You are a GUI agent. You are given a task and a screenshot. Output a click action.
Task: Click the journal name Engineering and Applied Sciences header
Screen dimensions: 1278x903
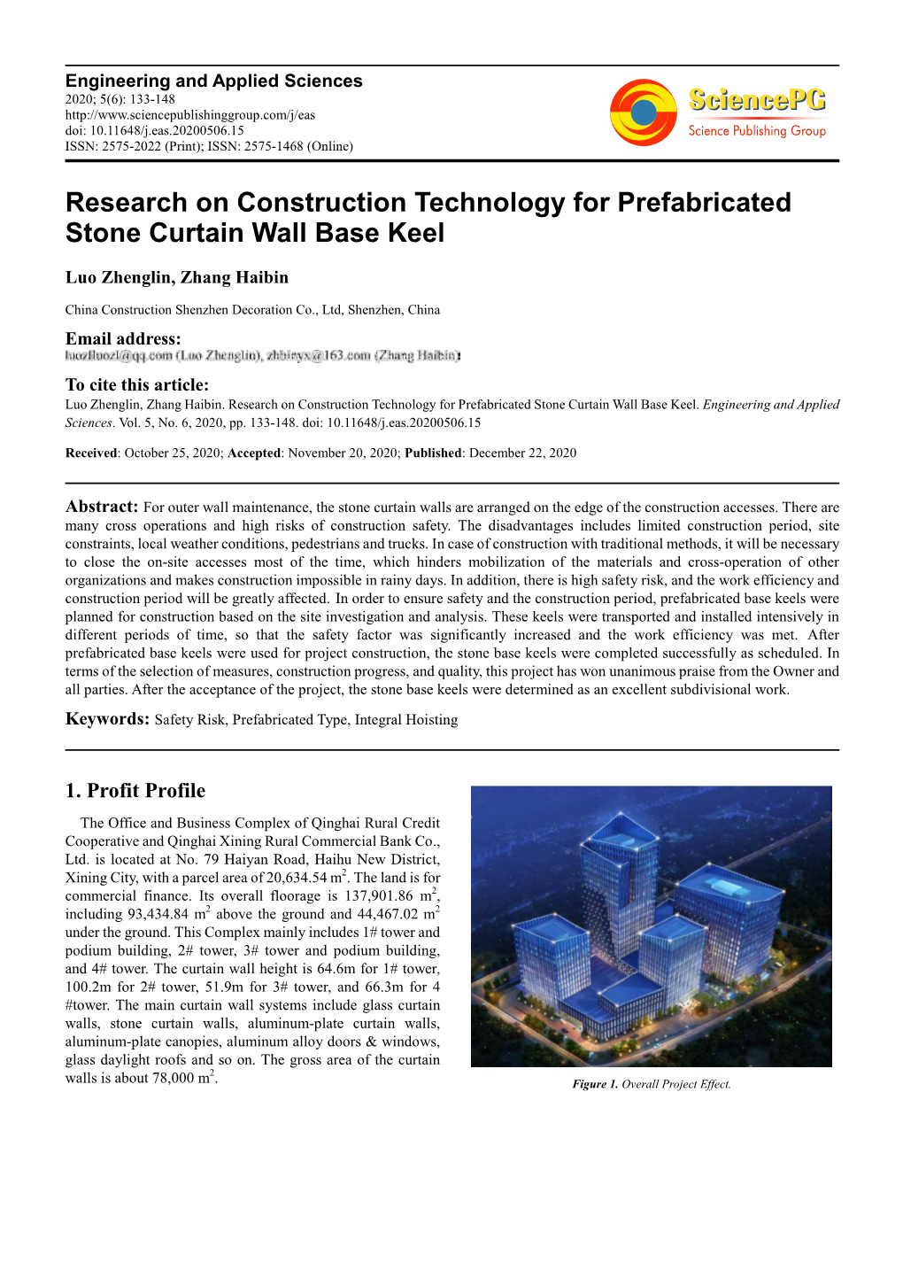click(x=213, y=81)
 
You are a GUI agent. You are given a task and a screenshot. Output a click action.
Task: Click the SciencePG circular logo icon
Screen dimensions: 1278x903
click(x=644, y=112)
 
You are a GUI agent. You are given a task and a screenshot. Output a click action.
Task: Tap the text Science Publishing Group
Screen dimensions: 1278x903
click(x=756, y=131)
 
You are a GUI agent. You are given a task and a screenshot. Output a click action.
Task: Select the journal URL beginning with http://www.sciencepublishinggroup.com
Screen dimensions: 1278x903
click(x=189, y=115)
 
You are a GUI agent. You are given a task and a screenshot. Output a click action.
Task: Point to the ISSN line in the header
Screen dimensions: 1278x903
click(x=209, y=146)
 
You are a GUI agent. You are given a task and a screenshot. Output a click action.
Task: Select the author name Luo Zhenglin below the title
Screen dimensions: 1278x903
click(x=119, y=277)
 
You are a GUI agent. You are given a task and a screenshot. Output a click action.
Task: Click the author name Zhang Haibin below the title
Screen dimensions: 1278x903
click(x=234, y=277)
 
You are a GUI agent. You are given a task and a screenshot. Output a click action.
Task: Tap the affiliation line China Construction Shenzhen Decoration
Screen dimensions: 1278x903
click(x=252, y=310)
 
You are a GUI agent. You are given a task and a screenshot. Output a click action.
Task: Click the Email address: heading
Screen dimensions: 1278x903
click(x=123, y=338)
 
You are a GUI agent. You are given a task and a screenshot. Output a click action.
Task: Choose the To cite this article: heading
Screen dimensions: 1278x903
click(x=137, y=384)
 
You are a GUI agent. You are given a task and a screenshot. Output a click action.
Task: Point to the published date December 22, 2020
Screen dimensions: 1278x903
click(x=522, y=453)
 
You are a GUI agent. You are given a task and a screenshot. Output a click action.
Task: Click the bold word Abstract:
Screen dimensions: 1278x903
click(x=102, y=507)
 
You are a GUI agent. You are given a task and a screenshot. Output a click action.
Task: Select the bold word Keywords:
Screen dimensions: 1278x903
click(x=107, y=718)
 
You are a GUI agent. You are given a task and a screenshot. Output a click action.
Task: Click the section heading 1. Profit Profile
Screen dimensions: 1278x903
click(x=135, y=790)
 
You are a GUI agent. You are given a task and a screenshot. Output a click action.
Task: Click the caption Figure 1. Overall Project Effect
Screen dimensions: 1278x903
click(x=651, y=1084)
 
